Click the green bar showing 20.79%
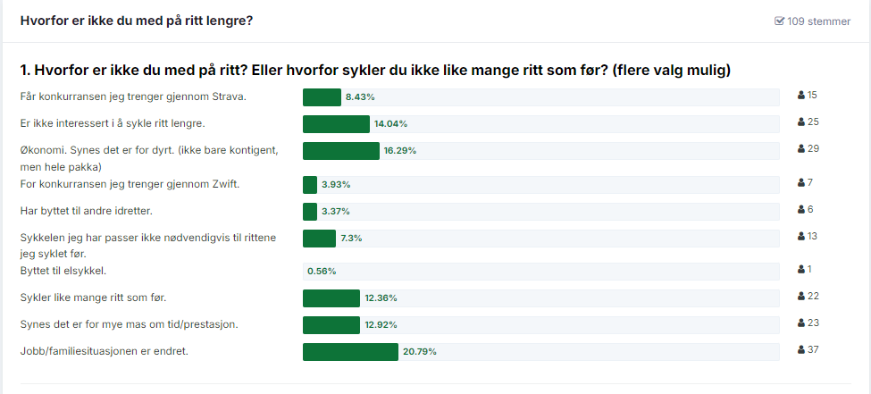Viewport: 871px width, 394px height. coord(350,352)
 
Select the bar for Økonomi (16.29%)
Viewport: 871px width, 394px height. coord(341,151)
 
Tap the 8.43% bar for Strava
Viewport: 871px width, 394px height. coord(322,97)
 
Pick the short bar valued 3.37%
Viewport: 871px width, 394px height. coord(310,212)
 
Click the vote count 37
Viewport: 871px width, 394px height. coord(813,349)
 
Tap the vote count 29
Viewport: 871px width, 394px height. coord(813,148)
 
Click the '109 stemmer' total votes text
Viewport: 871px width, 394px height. coord(818,21)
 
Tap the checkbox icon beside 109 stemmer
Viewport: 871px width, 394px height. coord(779,21)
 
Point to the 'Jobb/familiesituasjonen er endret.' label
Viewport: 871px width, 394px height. coord(104,351)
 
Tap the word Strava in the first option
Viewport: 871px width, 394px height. coord(229,96)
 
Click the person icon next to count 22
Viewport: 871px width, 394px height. coord(801,296)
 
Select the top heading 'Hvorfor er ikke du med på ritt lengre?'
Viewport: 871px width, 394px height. coord(136,21)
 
